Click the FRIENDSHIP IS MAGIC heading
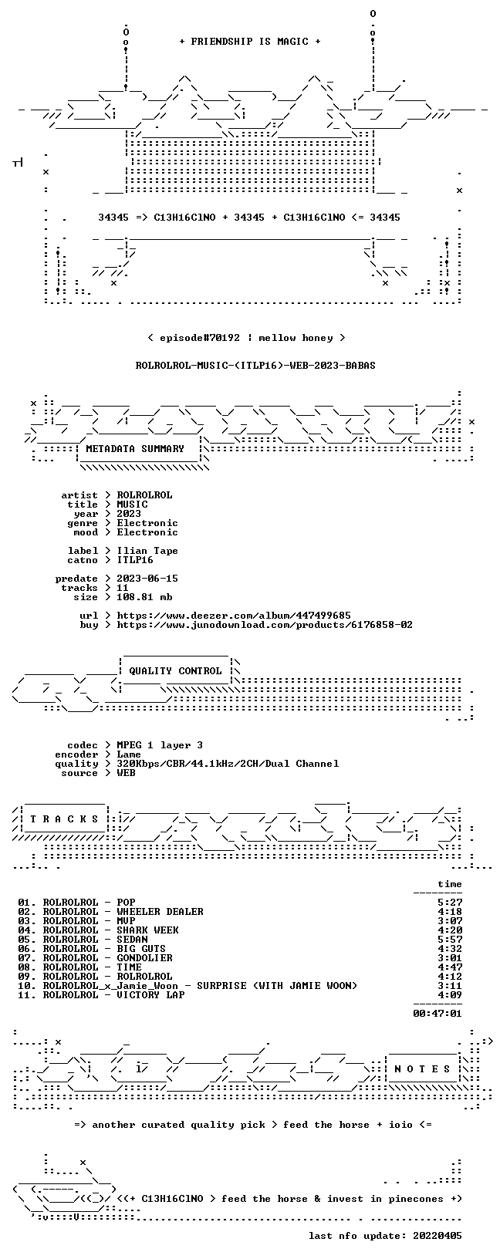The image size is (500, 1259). pyautogui.click(x=250, y=42)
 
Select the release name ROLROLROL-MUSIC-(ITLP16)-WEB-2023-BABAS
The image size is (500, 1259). pyautogui.click(x=255, y=366)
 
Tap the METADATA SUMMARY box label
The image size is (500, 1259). pyautogui.click(x=135, y=448)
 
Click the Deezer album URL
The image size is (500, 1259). pyautogui.click(x=234, y=616)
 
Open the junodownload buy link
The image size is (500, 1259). pyautogui.click(x=265, y=624)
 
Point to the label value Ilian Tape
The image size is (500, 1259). pyautogui.click(x=147, y=551)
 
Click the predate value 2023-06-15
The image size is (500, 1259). pyautogui.click(x=147, y=579)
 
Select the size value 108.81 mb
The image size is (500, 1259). pyautogui.click(x=144, y=597)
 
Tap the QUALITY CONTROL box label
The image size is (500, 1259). pyautogui.click(x=175, y=670)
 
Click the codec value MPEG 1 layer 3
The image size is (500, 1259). pyautogui.click(x=160, y=745)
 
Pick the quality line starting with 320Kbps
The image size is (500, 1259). pyautogui.click(x=228, y=764)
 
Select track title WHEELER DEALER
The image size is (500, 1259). pyautogui.click(x=160, y=912)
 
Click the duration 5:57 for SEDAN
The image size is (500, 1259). pyautogui.click(x=450, y=939)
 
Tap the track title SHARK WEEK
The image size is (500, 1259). pyautogui.click(x=148, y=930)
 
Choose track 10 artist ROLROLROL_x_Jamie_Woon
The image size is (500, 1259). pyautogui.click(x=110, y=986)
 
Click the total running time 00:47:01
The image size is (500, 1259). pyautogui.click(x=437, y=1014)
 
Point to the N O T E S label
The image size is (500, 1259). pyautogui.click(x=422, y=1069)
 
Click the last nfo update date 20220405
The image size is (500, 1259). pyautogui.click(x=437, y=1235)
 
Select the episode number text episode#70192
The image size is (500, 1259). pyautogui.click(x=200, y=338)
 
